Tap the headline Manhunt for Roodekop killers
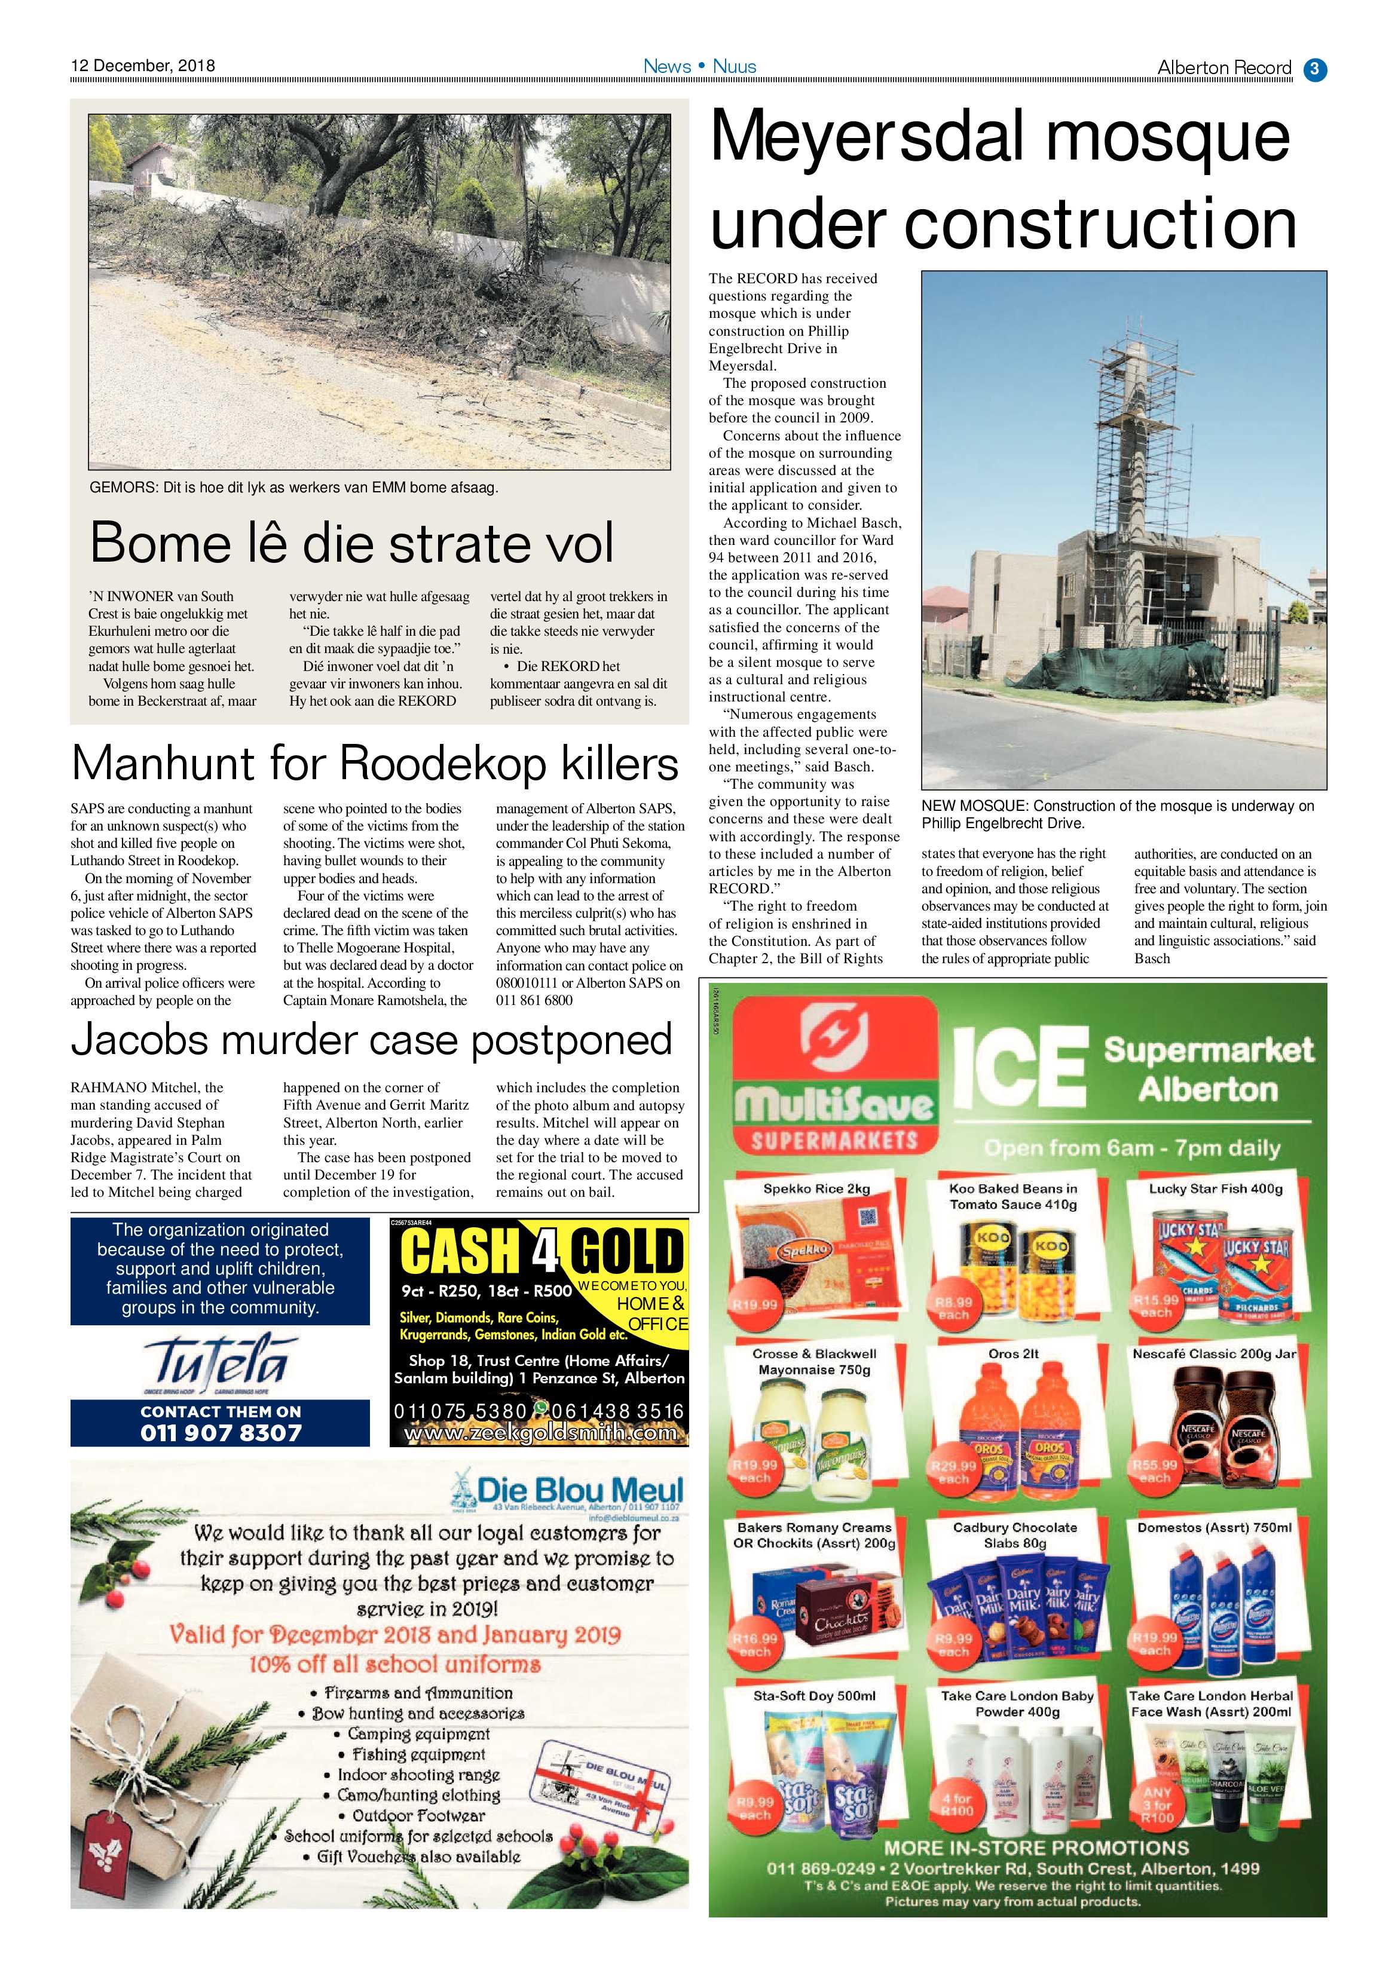375,762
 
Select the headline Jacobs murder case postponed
371,1040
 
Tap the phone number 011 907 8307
221,1432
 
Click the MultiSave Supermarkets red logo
834,1076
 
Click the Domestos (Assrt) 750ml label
1214,1528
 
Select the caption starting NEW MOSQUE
1117,814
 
